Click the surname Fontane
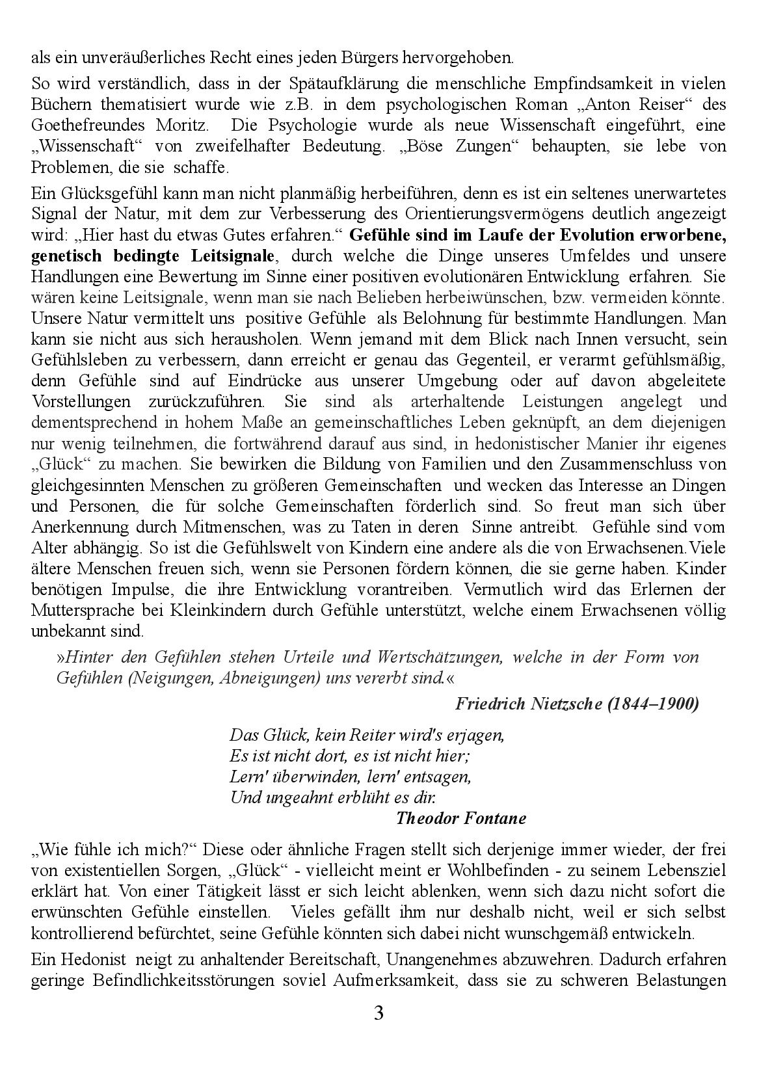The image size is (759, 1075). click(496, 819)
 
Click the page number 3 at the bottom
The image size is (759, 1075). click(379, 1013)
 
